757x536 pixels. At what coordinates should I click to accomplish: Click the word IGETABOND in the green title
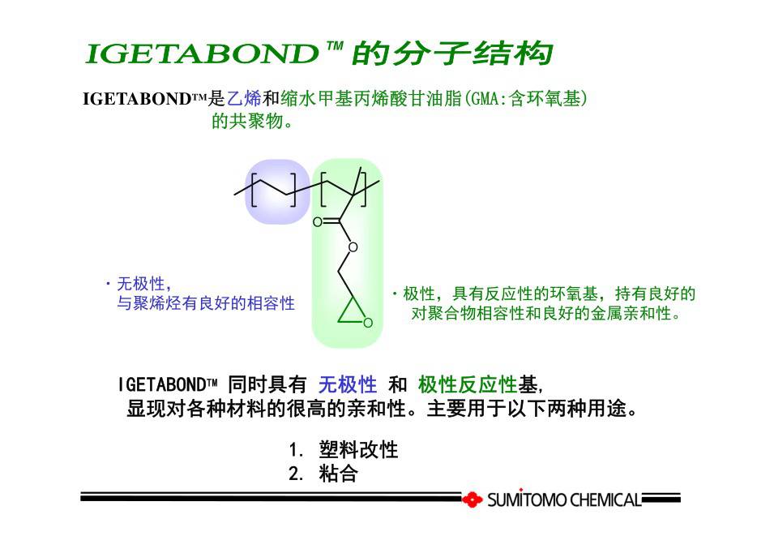(202, 54)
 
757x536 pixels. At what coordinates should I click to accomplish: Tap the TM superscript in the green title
(335, 46)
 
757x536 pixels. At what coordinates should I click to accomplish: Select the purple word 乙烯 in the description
(244, 98)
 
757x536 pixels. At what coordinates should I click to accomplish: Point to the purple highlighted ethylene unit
(277, 191)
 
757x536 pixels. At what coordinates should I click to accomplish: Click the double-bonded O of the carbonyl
(317, 222)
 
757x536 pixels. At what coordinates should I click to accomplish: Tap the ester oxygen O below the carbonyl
(353, 247)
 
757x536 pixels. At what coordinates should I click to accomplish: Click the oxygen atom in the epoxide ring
(368, 323)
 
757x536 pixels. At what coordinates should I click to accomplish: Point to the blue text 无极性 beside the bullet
(141, 284)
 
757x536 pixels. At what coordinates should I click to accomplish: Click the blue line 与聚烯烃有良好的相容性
(206, 303)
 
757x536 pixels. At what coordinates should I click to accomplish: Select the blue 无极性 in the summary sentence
(348, 385)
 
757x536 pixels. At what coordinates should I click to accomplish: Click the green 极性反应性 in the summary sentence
(468, 385)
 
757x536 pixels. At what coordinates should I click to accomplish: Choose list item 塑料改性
(358, 449)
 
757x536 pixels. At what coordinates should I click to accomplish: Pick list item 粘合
(338, 474)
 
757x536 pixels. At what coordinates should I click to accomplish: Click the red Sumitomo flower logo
(473, 500)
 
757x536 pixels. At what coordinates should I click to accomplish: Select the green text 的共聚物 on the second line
(247, 121)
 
